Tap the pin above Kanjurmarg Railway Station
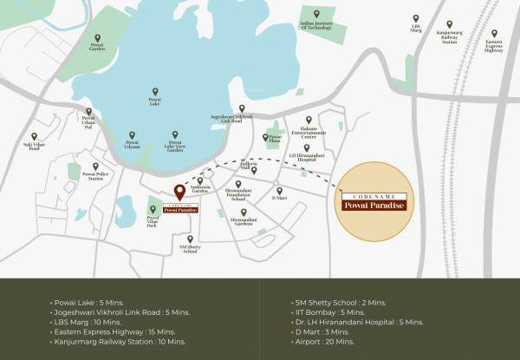[x=449, y=23]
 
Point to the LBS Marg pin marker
[x=415, y=17]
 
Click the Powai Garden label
[x=96, y=49]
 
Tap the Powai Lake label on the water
[x=155, y=102]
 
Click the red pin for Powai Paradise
[x=179, y=192]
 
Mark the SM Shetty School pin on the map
[x=190, y=239]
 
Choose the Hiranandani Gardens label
[x=244, y=223]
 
